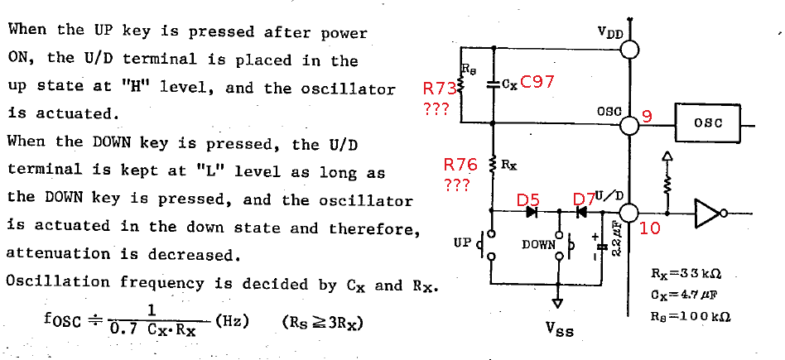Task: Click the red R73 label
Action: click(439, 89)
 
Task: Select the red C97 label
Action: click(537, 82)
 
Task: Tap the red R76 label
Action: click(460, 165)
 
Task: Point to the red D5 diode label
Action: click(527, 200)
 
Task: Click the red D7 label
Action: click(584, 200)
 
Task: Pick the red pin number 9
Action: click(648, 118)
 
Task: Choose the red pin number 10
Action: click(650, 228)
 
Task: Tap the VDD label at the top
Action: click(610, 34)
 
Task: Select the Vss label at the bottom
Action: click(559, 329)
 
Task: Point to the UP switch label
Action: click(462, 243)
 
